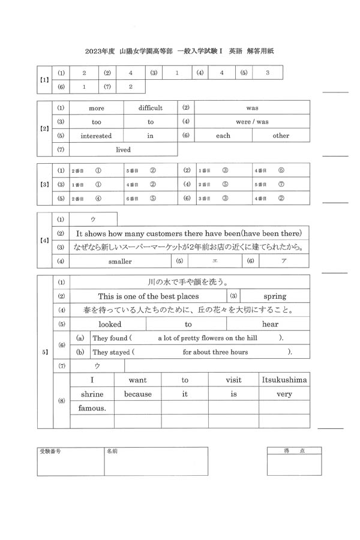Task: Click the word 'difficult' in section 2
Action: coord(150,108)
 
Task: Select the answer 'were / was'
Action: coord(252,122)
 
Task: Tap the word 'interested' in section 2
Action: coord(96,136)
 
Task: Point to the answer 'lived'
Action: coord(123,149)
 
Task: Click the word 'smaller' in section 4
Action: coord(120,262)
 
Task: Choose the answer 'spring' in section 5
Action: coord(275,296)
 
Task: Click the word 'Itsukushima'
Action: coord(284,380)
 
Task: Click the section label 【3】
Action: coord(44,184)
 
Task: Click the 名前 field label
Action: coord(112,451)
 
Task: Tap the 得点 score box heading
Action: coord(294,451)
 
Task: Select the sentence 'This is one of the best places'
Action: coord(148,296)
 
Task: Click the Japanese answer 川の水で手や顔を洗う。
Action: coord(190,282)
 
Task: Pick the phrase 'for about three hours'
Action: coord(215,352)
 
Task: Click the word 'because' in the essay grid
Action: coord(138,394)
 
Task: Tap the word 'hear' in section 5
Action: coord(271,324)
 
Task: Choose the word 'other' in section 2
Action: coord(281,136)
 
